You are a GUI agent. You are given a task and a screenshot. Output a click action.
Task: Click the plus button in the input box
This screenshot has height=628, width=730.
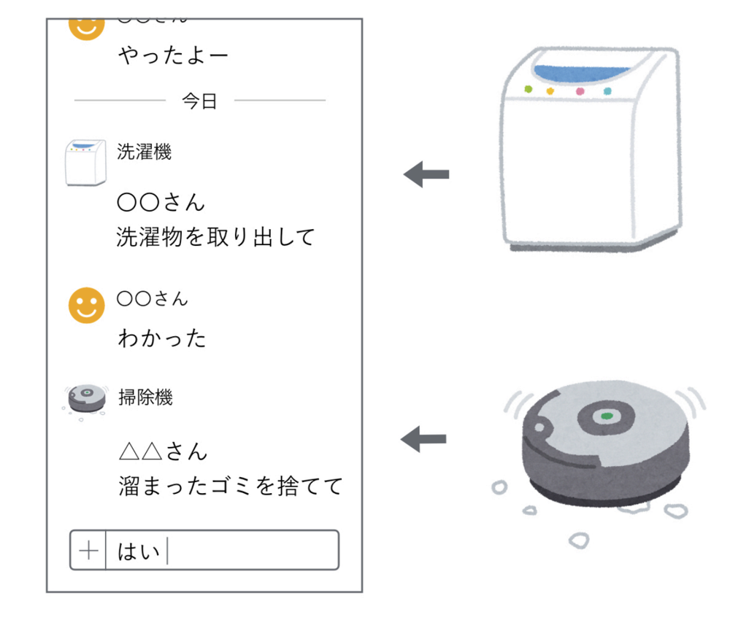(88, 550)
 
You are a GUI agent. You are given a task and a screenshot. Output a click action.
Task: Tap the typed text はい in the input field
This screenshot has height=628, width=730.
(139, 551)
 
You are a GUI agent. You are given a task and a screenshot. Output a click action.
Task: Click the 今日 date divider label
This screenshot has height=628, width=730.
(199, 101)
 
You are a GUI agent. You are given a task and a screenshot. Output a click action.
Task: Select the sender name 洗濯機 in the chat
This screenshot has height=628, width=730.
(144, 152)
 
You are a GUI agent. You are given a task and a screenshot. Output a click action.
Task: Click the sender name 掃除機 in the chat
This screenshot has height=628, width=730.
(145, 398)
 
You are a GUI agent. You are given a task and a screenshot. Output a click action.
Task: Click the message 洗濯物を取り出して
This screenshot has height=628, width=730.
(215, 236)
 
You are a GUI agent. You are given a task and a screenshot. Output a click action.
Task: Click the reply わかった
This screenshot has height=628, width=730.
(161, 338)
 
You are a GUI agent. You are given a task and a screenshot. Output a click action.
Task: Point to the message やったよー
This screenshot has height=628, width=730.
(173, 55)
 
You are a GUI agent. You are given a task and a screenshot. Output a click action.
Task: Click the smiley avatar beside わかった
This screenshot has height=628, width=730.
(87, 304)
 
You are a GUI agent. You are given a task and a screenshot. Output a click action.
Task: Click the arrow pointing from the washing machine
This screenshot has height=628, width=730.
(426, 175)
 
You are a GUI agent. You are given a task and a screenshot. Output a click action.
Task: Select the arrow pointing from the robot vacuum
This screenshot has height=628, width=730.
(424, 439)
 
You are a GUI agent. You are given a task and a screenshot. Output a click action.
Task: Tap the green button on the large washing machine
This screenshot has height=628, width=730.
(529, 90)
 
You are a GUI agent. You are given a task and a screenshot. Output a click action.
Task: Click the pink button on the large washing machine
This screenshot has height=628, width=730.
(580, 92)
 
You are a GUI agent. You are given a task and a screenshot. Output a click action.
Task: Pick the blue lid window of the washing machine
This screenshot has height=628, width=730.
(581, 72)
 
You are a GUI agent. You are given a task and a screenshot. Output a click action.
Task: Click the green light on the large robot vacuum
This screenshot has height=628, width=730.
(605, 416)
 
